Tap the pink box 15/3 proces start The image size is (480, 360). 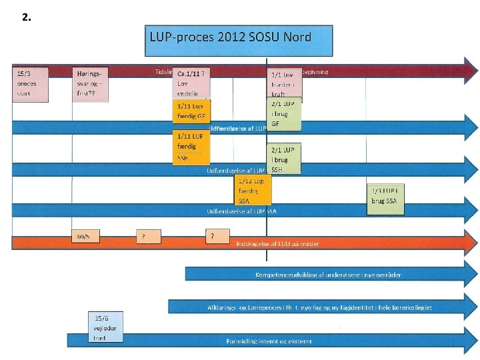31,83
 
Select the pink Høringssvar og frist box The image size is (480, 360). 90,83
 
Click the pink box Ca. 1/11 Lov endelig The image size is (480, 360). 191,83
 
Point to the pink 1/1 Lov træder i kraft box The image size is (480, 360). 285,83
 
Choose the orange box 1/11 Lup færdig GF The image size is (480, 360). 191,110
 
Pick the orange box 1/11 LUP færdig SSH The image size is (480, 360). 191,147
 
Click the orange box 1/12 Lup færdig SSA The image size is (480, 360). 253,190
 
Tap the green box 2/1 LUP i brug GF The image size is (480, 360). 284,114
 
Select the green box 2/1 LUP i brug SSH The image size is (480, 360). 284,159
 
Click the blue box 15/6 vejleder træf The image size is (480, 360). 106,327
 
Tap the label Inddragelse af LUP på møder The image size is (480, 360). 278,244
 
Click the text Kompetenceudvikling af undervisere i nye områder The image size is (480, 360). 329,275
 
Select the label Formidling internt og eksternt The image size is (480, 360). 269,341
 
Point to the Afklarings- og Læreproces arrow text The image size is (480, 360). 319,307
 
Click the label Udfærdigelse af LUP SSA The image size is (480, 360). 241,211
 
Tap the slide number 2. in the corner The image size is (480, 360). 26,17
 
